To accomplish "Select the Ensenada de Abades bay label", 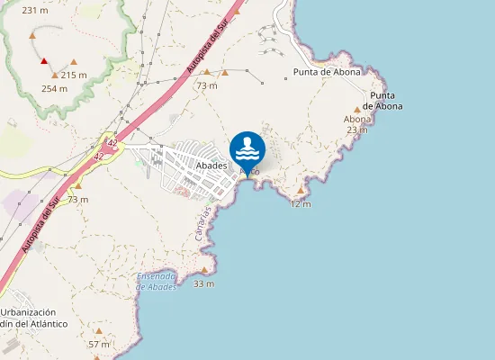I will click(157, 281).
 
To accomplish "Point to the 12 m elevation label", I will click(301, 204).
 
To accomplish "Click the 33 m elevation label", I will click(204, 283).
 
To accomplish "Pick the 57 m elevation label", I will click(99, 344).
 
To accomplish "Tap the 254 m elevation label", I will click(55, 88).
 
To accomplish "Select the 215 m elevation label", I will click(74, 75).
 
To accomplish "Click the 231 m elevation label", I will click(35, 11).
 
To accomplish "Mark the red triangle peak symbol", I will click(44, 61).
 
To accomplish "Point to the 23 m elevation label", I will click(357, 130).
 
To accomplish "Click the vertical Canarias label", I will click(205, 222).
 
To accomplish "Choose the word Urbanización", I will click(34, 311).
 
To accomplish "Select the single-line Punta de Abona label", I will click(328, 72).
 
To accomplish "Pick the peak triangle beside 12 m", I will click(301, 191).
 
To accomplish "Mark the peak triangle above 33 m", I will click(204, 270).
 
